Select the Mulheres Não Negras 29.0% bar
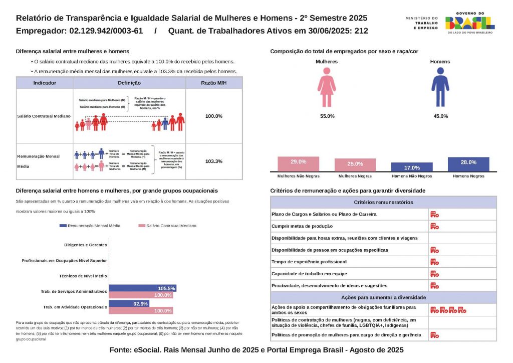(298, 164)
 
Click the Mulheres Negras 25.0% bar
(355, 165)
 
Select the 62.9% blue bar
(129, 304)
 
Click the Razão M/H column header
(214, 83)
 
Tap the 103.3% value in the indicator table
(214, 161)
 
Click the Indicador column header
(45, 83)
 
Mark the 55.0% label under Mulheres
(327, 116)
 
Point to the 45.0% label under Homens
(440, 116)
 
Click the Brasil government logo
(469, 22)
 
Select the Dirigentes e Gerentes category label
(86, 245)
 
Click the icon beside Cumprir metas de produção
(434, 226)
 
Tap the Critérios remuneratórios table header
(383, 202)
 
